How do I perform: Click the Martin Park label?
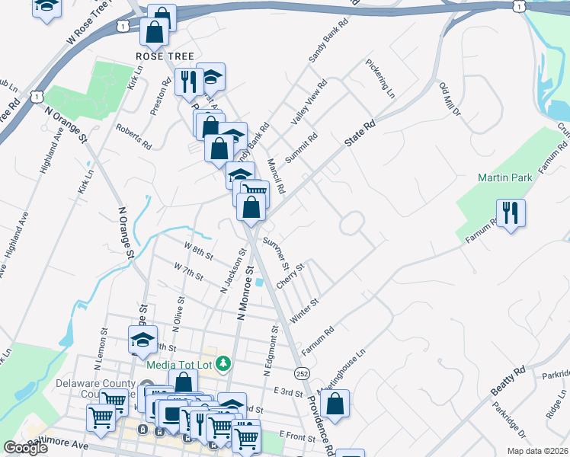(504, 177)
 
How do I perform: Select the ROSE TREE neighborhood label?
(165, 57)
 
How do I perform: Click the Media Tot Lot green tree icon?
(223, 363)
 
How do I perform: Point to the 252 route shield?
(302, 372)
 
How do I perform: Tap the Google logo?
(25, 448)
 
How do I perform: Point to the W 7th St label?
(188, 270)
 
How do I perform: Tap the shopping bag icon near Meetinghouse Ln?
(335, 403)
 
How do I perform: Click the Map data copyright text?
(536, 451)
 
